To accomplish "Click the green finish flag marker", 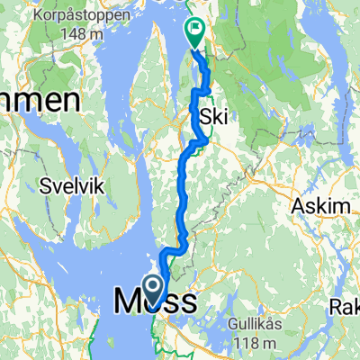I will (x=194, y=33).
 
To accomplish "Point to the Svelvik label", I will (x=75, y=187).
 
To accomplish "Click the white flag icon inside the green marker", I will (x=194, y=30).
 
